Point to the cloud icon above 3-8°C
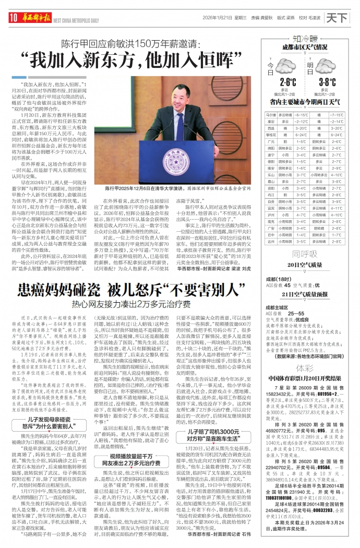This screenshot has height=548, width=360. [327, 67]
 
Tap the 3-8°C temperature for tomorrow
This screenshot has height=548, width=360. [327, 82]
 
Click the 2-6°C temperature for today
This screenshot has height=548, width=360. [288, 82]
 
